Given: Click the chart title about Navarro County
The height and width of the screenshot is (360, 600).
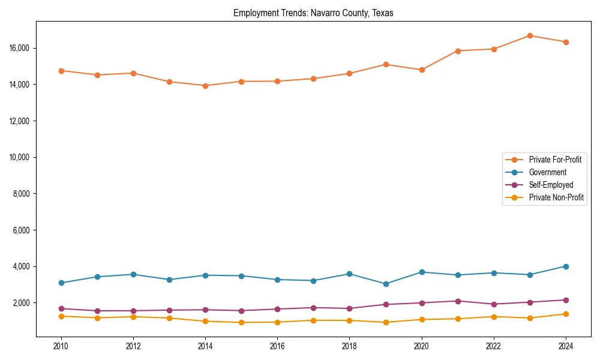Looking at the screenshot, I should (313, 13).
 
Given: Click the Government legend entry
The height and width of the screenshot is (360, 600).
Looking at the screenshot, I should (547, 172).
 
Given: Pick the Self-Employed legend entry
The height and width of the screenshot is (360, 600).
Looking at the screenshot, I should (551, 185).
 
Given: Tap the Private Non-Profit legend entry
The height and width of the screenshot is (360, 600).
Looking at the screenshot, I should (556, 197).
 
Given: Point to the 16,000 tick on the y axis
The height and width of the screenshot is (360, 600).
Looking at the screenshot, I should (20, 48).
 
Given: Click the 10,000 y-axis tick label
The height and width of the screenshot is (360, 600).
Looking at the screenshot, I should (20, 157).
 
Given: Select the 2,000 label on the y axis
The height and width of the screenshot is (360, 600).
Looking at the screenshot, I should (22, 303).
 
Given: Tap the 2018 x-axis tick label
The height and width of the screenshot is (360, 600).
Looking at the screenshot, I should (349, 346).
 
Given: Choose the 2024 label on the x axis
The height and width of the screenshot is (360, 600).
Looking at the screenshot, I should (565, 346).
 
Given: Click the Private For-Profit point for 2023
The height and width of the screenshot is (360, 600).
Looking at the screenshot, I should (529, 35).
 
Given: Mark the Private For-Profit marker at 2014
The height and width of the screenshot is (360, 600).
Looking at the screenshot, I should (205, 86).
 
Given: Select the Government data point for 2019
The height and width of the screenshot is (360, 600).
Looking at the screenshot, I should (385, 284).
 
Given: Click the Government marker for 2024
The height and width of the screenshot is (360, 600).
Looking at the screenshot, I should (565, 266).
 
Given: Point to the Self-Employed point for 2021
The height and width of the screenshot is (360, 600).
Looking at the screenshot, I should (457, 301).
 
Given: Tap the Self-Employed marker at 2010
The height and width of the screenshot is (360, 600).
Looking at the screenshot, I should (61, 308).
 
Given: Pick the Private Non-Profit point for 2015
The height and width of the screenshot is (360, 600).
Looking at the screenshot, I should (241, 322).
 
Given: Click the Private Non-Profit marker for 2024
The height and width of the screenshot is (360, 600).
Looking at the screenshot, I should (565, 314).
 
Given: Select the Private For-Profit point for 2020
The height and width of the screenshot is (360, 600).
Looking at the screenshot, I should (421, 70).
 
